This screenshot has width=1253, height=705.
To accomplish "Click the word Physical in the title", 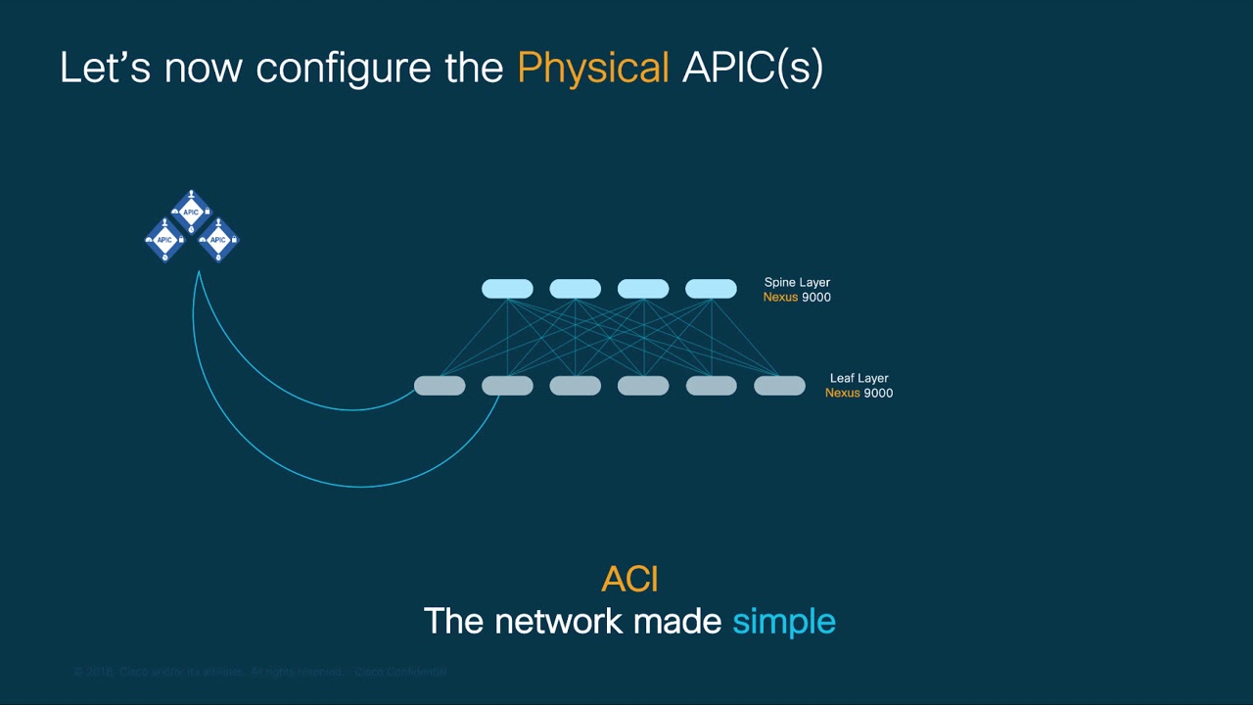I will pyautogui.click(x=593, y=69).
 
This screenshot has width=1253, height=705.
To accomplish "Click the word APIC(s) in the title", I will pyautogui.click(x=753, y=69).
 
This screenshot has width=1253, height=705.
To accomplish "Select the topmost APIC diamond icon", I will pyautogui.click(x=191, y=211).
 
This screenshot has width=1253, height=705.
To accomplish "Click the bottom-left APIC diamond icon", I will pyautogui.click(x=164, y=240).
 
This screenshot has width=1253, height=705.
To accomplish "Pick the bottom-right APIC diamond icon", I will pyautogui.click(x=218, y=240).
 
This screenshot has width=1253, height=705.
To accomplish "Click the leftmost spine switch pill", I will pyautogui.click(x=507, y=289).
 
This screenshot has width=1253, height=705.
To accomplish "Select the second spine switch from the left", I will pyautogui.click(x=575, y=289).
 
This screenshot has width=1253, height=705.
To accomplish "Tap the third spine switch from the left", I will pyautogui.click(x=643, y=289).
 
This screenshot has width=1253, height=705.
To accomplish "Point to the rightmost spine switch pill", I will pyautogui.click(x=711, y=289).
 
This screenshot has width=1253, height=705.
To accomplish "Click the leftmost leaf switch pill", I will pyautogui.click(x=440, y=386).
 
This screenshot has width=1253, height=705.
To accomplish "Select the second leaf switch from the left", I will pyautogui.click(x=507, y=386).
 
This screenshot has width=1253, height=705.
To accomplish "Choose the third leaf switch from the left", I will pyautogui.click(x=575, y=386).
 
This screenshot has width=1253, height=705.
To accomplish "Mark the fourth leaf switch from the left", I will pyautogui.click(x=643, y=386).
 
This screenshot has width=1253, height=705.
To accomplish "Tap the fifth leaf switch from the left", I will pyautogui.click(x=711, y=386).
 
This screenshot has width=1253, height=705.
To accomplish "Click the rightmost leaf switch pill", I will pyautogui.click(x=779, y=386).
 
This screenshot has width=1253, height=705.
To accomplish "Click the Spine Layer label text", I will pyautogui.click(x=797, y=283).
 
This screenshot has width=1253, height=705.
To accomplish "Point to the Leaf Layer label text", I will pyautogui.click(x=859, y=378).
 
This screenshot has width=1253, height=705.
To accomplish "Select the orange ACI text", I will pyautogui.click(x=629, y=580).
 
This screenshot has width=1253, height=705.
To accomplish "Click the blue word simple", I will pyautogui.click(x=783, y=621).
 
